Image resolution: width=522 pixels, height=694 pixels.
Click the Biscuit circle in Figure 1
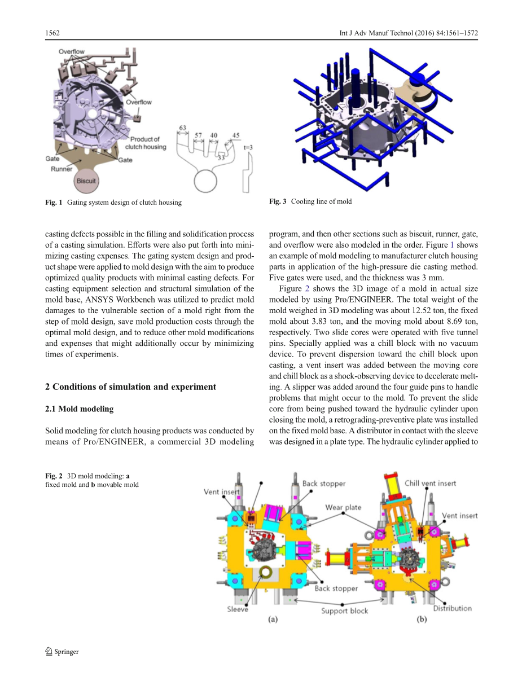pyautogui.click(x=86, y=181)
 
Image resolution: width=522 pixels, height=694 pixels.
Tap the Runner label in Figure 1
pyautogui.click(x=62, y=169)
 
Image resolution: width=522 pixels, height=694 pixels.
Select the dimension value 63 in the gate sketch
pyautogui.click(x=182, y=128)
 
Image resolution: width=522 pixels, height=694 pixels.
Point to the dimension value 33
pyautogui.click(x=221, y=158)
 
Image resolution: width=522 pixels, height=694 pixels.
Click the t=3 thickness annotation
pyautogui.click(x=248, y=148)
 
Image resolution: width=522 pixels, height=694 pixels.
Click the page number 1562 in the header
pyautogui.click(x=52, y=33)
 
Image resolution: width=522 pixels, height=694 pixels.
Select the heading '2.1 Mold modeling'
pyautogui.click(x=79, y=409)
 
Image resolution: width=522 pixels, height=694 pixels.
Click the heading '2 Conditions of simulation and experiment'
pyautogui.click(x=130, y=386)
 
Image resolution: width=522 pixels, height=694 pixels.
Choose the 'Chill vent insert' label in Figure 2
pyautogui.click(x=430, y=483)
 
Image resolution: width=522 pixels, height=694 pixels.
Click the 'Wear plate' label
pyautogui.click(x=343, y=507)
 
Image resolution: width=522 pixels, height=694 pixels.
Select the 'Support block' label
pyautogui.click(x=344, y=611)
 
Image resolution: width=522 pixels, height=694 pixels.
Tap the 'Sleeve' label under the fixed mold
pyautogui.click(x=238, y=609)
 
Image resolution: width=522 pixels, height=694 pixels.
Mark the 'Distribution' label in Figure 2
pyautogui.click(x=452, y=608)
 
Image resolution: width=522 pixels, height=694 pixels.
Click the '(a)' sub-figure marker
pyautogui.click(x=272, y=619)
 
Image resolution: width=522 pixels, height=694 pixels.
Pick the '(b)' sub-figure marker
pyautogui.click(x=422, y=619)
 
